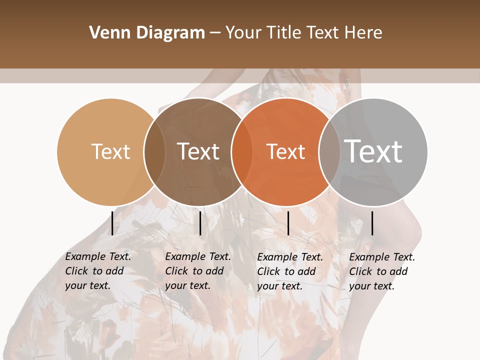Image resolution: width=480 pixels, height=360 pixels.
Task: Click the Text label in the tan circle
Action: click(x=110, y=151)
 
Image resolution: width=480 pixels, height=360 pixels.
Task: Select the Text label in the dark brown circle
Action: click(x=198, y=151)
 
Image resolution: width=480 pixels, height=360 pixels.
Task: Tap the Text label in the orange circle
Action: click(x=285, y=151)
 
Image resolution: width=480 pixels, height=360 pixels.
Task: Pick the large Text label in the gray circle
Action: click(x=373, y=151)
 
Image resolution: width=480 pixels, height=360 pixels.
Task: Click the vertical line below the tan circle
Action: click(x=112, y=223)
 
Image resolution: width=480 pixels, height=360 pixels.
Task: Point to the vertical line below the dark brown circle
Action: click(x=200, y=223)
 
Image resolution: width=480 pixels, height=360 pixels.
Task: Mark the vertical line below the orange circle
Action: click(x=288, y=223)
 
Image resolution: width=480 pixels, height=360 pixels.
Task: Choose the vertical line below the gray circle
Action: click(x=372, y=223)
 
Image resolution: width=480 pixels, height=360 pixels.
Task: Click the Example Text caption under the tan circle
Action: click(x=97, y=271)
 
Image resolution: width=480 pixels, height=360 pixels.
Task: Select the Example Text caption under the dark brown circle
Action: click(x=197, y=271)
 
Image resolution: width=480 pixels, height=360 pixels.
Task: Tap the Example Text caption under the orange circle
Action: click(x=289, y=271)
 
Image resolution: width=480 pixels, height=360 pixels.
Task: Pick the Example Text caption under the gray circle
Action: click(x=381, y=271)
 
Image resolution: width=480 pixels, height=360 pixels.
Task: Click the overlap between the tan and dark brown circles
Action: click(x=154, y=151)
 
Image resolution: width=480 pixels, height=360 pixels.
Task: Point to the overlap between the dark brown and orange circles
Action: click(x=242, y=151)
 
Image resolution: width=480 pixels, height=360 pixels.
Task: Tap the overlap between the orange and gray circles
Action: click(x=329, y=151)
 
